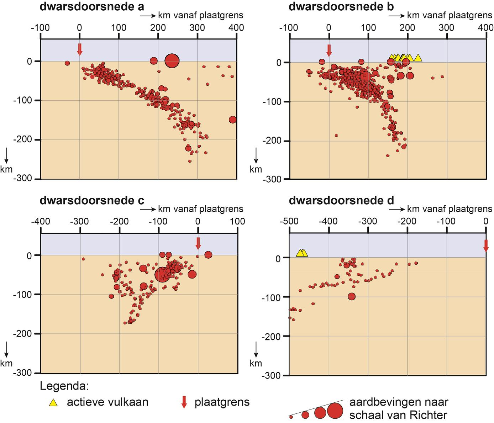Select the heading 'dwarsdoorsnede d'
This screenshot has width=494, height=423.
click(341, 201)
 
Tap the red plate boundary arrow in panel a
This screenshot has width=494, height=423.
click(80, 49)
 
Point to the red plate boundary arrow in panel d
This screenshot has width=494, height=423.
click(486, 246)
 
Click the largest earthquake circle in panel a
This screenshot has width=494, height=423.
click(172, 60)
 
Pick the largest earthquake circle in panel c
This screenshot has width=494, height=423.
click(162, 274)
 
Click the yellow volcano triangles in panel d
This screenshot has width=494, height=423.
click(302, 253)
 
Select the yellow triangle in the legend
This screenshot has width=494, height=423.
click(53, 403)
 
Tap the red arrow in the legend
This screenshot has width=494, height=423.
click(184, 402)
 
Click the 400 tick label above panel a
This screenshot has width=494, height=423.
click(236, 28)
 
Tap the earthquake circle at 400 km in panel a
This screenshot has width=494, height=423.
click(233, 120)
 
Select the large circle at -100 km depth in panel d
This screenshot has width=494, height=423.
click(352, 296)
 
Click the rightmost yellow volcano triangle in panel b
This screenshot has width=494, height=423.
click(418, 58)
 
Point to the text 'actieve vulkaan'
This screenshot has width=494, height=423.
click(107, 402)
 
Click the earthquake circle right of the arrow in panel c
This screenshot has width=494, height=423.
click(208, 255)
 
